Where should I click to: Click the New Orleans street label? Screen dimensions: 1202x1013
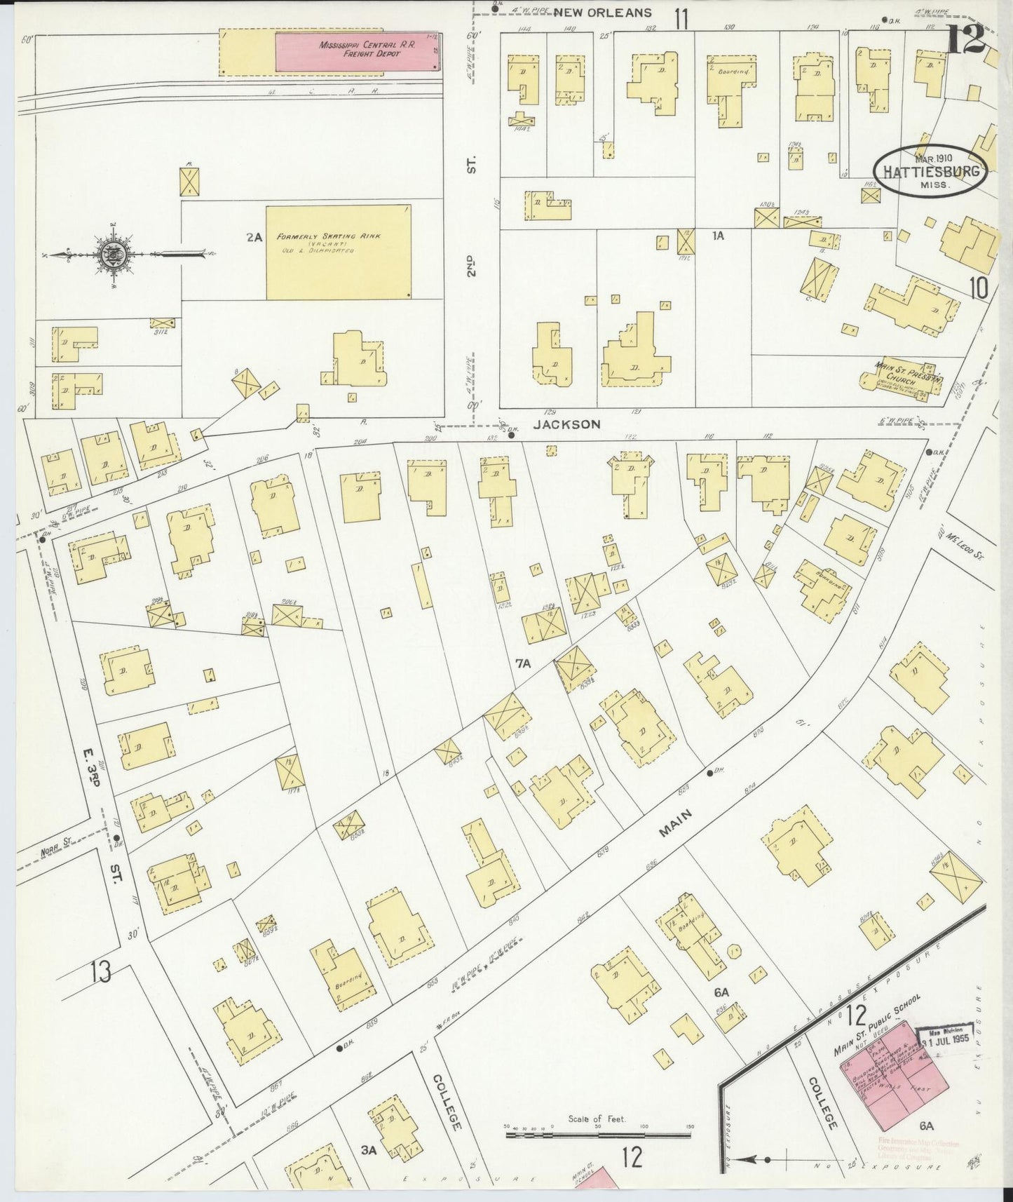[603, 12]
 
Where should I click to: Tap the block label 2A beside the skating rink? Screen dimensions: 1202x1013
[254, 238]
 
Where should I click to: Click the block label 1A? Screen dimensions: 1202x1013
[718, 236]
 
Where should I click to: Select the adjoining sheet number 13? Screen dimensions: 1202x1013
[100, 972]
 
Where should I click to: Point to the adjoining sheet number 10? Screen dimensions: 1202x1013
[979, 288]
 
